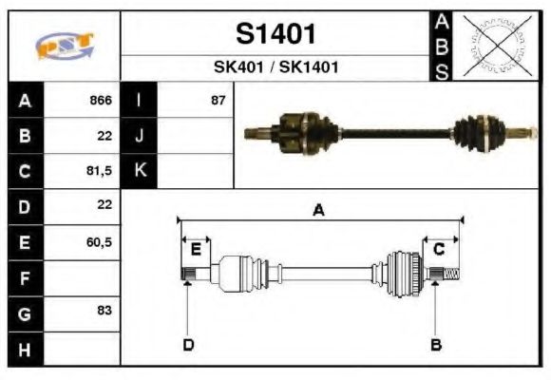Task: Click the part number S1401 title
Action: [x=275, y=34]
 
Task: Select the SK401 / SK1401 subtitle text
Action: [x=275, y=67]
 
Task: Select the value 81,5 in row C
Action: [x=99, y=172]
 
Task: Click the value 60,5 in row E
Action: [x=99, y=242]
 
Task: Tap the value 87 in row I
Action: [x=218, y=101]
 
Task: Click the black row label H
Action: [x=25, y=349]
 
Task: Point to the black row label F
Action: [x=25, y=278]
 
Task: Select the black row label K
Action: [x=139, y=171]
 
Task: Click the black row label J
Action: [x=139, y=136]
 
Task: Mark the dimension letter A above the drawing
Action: [x=318, y=211]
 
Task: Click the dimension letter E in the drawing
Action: [x=195, y=250]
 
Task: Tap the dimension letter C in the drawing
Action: [x=439, y=250]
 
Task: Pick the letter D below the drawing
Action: [x=188, y=344]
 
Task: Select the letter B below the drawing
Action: [x=435, y=344]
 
